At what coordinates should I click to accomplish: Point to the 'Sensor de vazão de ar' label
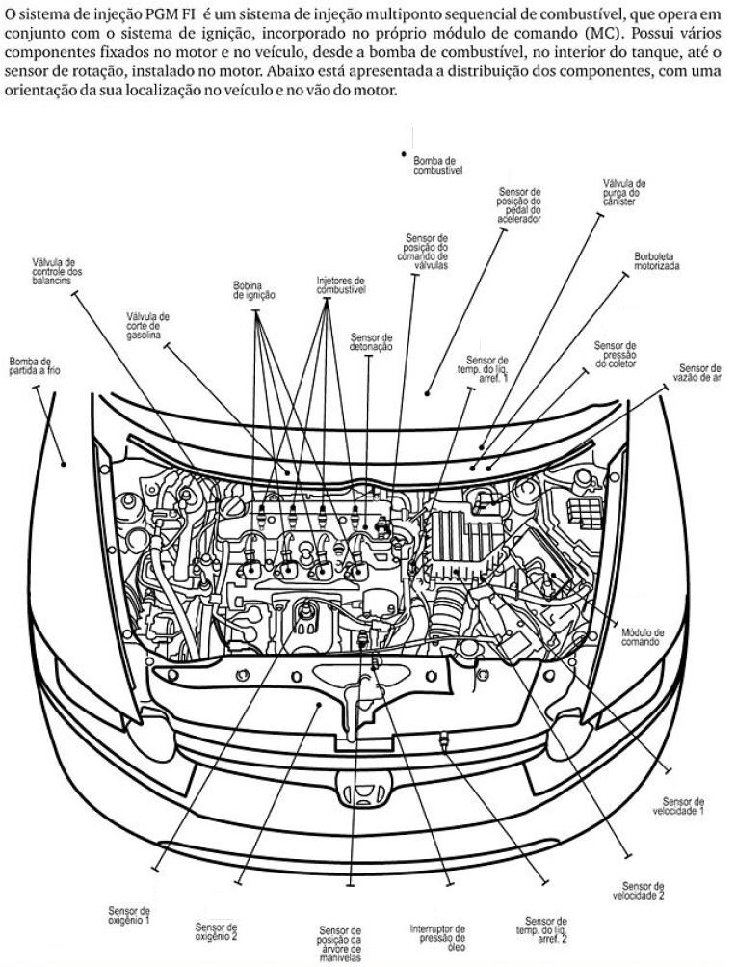[x=699, y=373]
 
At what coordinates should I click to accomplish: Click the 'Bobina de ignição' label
[x=254, y=291]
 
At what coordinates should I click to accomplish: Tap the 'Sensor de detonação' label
[x=371, y=342]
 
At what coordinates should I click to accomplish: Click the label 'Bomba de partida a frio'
[x=34, y=365]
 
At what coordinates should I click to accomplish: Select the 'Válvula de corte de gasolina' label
[x=148, y=326]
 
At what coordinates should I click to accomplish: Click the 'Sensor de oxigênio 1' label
[x=129, y=915]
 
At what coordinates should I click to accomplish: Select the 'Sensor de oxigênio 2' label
[x=216, y=930]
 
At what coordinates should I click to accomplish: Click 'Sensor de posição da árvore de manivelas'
[x=340, y=944]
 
